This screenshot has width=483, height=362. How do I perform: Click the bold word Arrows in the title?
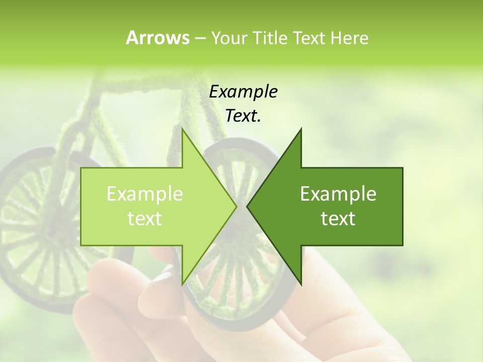click(x=157, y=38)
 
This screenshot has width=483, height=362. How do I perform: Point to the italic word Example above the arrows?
click(x=244, y=92)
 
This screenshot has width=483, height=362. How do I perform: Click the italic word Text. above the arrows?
click(x=244, y=116)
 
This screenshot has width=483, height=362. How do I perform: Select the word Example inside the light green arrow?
click(x=145, y=194)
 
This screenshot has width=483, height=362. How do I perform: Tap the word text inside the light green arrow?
click(x=145, y=219)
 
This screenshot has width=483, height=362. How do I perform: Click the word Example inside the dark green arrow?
click(x=338, y=194)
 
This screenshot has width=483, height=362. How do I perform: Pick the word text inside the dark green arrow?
click(x=338, y=219)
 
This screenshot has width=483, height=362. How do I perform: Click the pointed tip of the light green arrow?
click(x=236, y=206)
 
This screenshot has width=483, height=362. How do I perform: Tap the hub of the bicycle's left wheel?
click(x=48, y=231)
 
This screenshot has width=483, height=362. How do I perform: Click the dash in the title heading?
click(x=200, y=39)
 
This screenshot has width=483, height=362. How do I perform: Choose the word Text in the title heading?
click(x=308, y=38)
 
